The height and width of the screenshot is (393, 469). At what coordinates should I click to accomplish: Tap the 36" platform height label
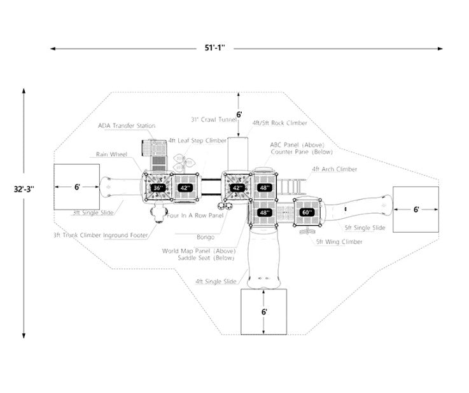coord(158,188)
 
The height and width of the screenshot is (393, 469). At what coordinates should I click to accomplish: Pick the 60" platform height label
coord(307,212)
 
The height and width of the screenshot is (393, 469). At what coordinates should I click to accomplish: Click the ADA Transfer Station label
coord(126,126)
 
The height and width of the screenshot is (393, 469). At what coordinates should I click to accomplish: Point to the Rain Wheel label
coord(111,154)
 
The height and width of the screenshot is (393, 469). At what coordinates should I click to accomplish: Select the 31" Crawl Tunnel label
coord(213,119)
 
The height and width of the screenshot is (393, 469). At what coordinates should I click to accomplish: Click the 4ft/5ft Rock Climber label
coord(279,122)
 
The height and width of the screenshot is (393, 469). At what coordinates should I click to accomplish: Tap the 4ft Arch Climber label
coord(334,169)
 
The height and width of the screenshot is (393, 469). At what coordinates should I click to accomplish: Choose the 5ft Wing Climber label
coord(339,242)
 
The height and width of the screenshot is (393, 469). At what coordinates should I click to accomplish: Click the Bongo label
coord(205,237)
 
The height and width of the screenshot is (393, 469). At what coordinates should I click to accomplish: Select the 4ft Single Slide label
coord(216,280)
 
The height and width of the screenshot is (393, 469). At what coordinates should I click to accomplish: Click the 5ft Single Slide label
coord(365,227)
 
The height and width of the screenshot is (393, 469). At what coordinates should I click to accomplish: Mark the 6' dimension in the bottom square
coord(263,312)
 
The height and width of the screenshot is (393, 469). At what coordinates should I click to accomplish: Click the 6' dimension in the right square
coord(416,209)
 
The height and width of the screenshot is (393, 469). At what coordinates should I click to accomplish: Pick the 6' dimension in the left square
coord(76,187)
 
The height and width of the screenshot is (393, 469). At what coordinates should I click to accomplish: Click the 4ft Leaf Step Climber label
coord(197,140)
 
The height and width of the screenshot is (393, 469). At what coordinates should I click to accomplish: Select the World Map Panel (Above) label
coord(199,251)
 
